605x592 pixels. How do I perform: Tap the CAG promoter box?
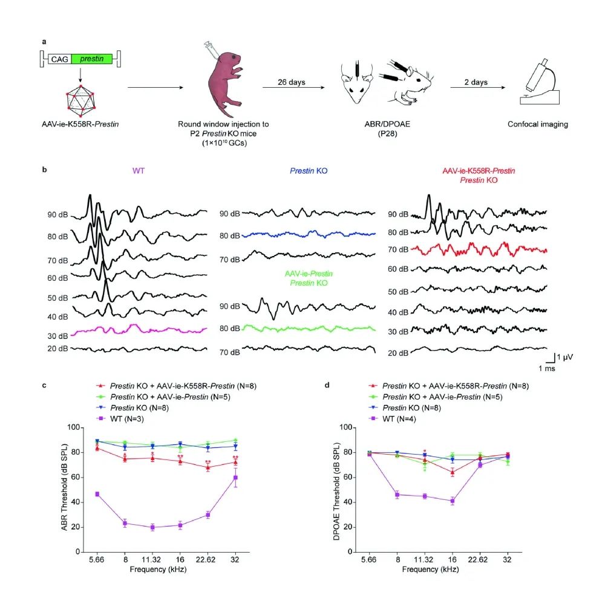click(x=59, y=59)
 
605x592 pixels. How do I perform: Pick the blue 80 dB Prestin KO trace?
click(x=309, y=233)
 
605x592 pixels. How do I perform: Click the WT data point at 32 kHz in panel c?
click(x=235, y=478)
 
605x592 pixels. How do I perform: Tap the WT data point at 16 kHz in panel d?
click(x=452, y=501)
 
